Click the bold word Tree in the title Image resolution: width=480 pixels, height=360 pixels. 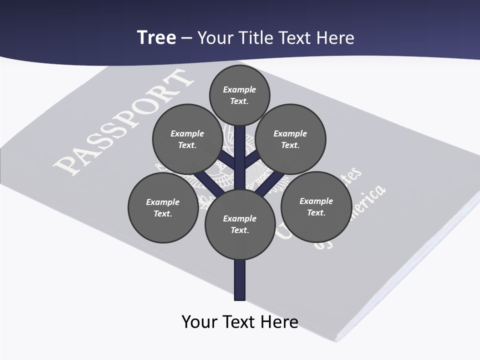pos(156,38)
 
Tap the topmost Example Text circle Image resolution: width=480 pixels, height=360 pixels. pos(239,95)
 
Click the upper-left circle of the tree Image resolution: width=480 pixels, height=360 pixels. pos(187,139)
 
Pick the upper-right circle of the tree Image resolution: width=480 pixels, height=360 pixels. pos(290,139)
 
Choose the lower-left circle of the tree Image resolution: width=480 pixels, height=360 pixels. pos(163,207)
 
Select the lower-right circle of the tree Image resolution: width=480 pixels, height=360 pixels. pos(316,206)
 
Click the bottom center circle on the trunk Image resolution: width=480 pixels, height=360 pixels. pos(240,224)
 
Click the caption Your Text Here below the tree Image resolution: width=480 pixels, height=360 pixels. pos(240,321)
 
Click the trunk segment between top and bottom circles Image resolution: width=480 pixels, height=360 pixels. pos(240,160)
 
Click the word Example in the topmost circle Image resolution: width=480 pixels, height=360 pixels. pos(239,89)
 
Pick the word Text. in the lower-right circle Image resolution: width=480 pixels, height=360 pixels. pos(316,212)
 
